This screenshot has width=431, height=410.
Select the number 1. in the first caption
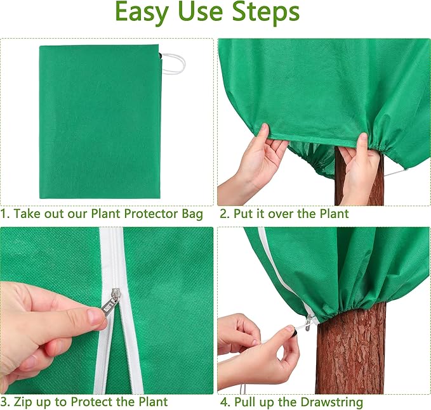(5, 214)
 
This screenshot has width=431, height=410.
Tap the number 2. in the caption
(225, 214)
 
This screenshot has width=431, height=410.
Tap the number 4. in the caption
(225, 402)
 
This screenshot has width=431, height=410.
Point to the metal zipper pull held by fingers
(109, 303)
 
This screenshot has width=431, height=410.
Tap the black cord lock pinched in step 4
(293, 330)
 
